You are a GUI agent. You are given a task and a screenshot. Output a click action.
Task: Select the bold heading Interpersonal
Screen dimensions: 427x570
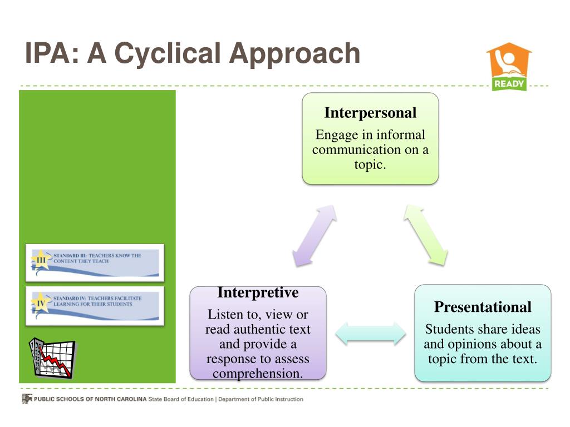tap(370, 113)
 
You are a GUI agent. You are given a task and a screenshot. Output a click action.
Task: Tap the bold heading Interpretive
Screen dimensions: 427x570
tap(258, 292)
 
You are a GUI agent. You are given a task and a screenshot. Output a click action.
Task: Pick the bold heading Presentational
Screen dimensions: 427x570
tap(483, 307)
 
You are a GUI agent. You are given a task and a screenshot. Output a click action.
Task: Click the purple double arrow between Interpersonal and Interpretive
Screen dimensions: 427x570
tap(315, 235)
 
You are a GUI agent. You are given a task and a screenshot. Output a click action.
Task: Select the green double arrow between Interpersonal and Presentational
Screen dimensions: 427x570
tap(426, 234)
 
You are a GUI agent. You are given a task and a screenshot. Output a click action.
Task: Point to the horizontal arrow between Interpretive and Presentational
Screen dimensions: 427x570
tap(371, 333)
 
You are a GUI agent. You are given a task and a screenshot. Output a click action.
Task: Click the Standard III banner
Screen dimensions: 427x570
tap(95, 262)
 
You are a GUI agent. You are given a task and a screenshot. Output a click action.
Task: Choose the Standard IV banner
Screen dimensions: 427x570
tap(95, 305)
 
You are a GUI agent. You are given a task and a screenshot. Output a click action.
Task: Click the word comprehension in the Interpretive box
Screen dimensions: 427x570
tap(258, 373)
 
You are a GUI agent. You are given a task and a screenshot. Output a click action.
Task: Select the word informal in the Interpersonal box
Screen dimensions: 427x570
tap(401, 135)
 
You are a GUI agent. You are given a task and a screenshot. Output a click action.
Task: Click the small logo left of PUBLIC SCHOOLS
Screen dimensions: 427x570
tap(27, 399)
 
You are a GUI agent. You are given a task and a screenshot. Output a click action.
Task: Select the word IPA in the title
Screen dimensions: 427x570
tap(45, 53)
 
